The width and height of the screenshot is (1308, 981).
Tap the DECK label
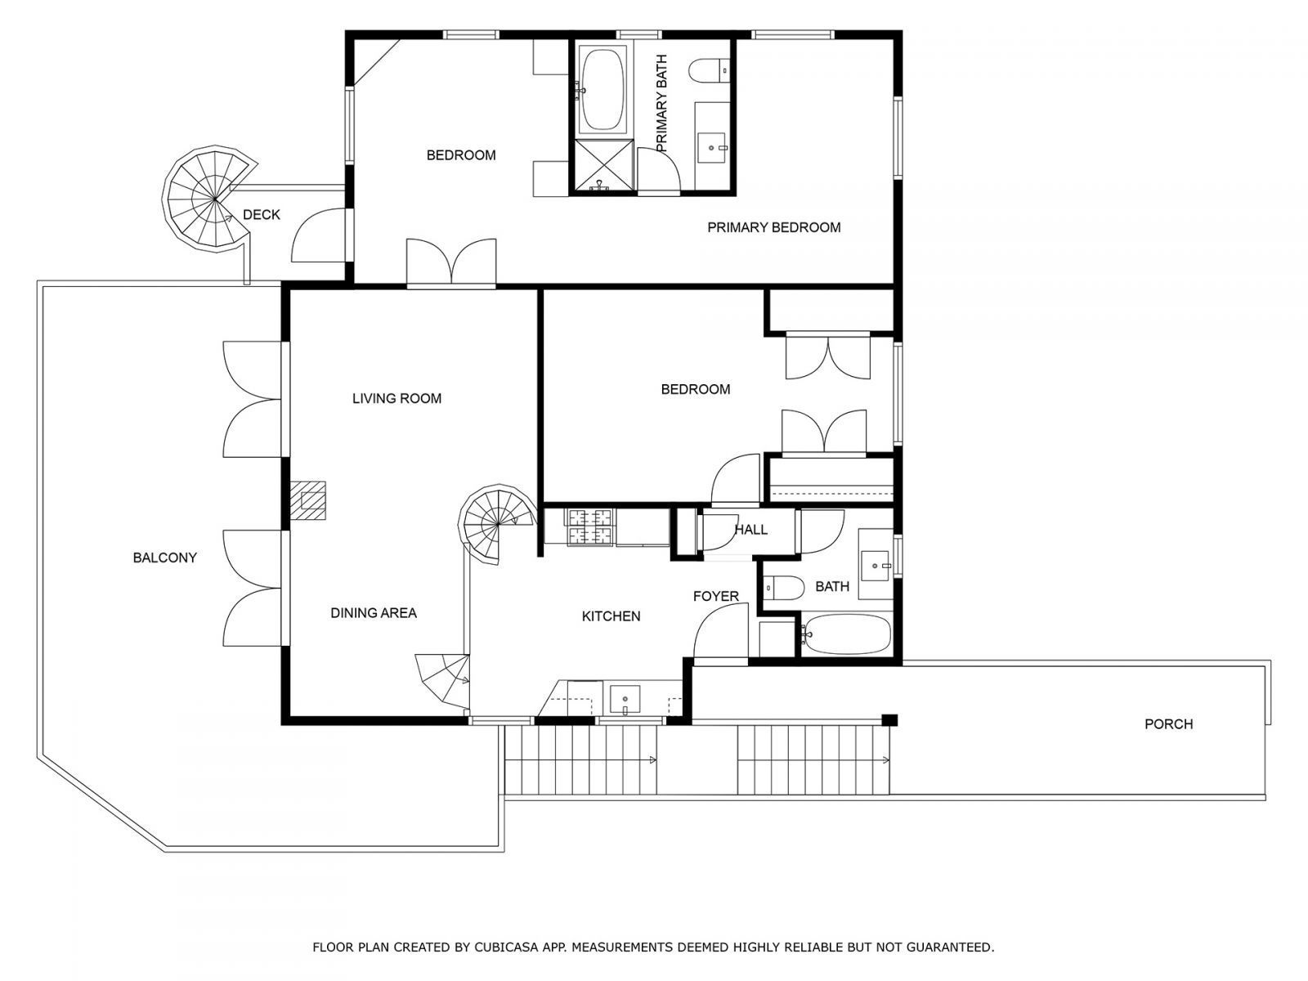point(262,215)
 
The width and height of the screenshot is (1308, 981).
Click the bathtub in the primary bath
point(602,89)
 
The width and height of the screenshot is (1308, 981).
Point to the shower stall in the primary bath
point(603,165)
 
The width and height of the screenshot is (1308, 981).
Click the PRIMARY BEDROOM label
point(773,227)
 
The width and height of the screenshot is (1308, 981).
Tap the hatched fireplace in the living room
point(309,499)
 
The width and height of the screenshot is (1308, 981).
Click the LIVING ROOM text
point(396,399)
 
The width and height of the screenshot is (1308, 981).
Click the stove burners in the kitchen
point(589,526)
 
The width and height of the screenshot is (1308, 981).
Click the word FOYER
point(715,597)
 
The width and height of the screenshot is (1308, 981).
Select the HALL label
point(750,530)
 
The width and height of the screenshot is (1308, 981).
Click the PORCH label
point(1168,724)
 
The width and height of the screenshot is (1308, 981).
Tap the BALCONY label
point(165,558)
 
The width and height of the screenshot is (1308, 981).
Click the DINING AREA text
point(374,613)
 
